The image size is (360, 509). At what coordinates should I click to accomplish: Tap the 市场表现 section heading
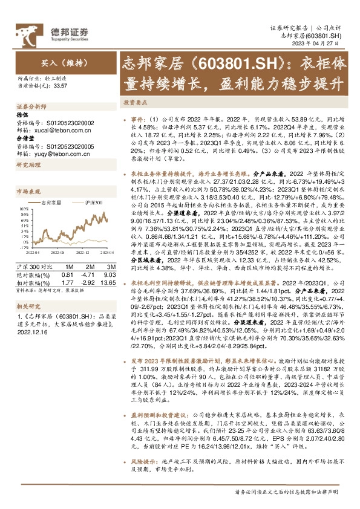tap(27, 191)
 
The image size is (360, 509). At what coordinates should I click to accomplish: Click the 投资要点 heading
tap(136, 103)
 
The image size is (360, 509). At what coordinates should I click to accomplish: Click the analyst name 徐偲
tap(22, 115)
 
